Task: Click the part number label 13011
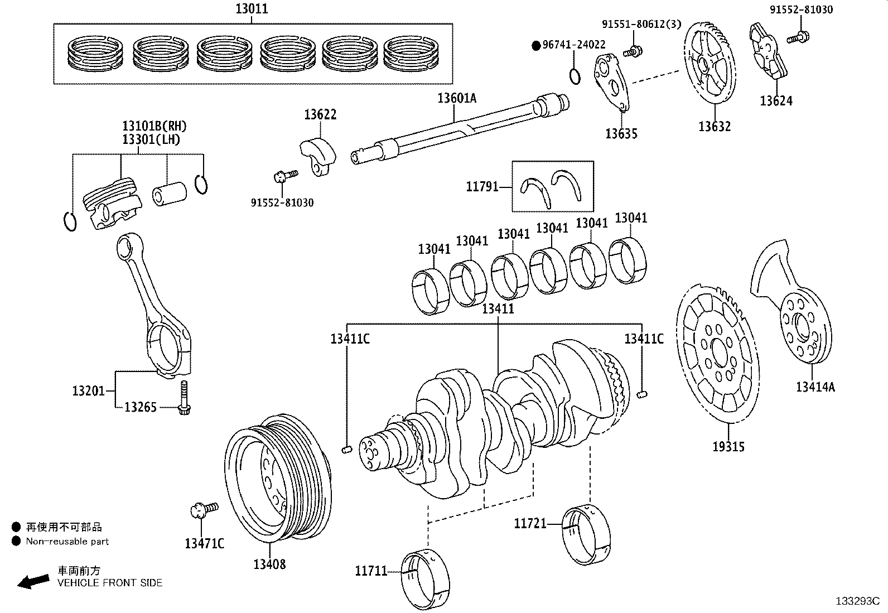coord(251,9)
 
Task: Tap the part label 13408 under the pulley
coord(269,564)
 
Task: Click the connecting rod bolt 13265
coord(184,398)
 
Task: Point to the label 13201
coord(88,390)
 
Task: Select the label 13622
coord(320,115)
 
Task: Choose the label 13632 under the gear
coord(715,127)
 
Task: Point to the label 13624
coord(776,101)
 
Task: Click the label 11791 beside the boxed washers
coord(482,187)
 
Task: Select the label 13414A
coord(815,387)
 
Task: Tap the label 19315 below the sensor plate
coord(728,446)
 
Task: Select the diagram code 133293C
coord(857,601)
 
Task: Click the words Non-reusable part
coord(67,541)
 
